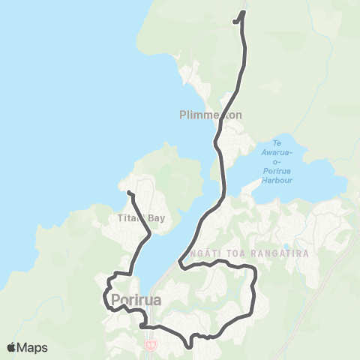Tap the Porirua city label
coord(133,301)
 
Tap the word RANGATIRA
coord(283,253)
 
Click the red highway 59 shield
coord(150,344)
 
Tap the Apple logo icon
coord(12,347)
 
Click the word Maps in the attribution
coord(33,347)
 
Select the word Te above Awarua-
coord(277,143)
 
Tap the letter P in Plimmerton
coord(184,116)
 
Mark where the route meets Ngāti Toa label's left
coord(181,262)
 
